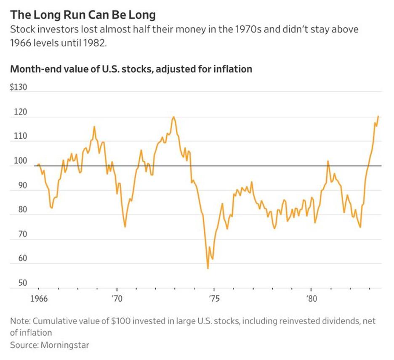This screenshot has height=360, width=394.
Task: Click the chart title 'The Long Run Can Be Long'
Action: [83, 15]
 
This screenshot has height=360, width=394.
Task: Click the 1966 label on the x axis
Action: [38, 301]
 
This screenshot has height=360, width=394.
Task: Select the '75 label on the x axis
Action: [214, 301]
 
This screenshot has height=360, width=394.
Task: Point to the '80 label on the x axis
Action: [311, 301]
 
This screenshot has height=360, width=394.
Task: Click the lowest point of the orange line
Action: [208, 268]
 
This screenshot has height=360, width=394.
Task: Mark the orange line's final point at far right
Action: [378, 116]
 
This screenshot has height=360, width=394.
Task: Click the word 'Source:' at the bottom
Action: [24, 345]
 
